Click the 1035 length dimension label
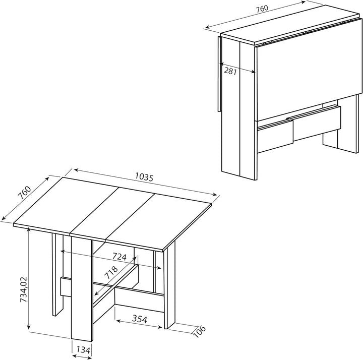coord(144,177)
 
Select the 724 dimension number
coord(119,257)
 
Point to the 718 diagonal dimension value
coord(111,272)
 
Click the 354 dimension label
coord(140,319)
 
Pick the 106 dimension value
coord(199,332)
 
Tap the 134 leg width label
coord(83,350)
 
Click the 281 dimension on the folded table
coord(230,71)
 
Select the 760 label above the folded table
coord(262,9)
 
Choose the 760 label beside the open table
coord(25,193)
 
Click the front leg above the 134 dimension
coord(82,288)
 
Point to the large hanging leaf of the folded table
coord(309,70)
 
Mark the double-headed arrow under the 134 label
coord(82,357)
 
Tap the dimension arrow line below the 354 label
coord(139,324)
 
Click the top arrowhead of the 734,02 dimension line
coord(28,229)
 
